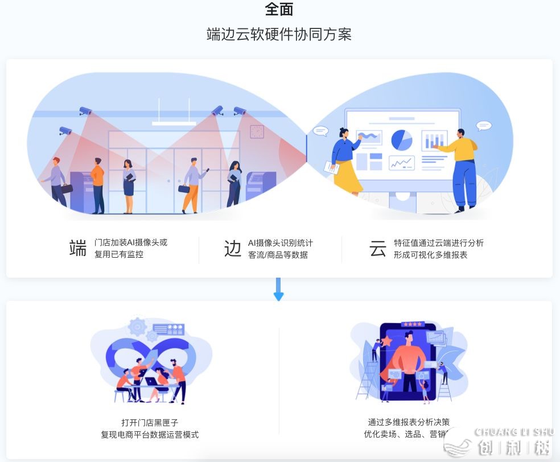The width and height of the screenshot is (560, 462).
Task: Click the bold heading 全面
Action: [x=279, y=9]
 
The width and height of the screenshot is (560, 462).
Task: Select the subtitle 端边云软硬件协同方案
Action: [x=279, y=35]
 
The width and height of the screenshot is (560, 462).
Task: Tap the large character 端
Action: [x=77, y=248]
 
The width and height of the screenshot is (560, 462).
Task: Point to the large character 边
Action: [x=232, y=249]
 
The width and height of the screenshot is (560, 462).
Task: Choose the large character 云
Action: [x=377, y=249]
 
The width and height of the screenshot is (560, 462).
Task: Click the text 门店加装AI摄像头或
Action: [x=131, y=242]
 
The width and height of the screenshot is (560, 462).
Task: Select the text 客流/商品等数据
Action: [x=278, y=255]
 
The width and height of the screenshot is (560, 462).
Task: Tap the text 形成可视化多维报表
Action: [x=430, y=255]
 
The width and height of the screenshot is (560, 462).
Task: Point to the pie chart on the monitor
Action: [x=402, y=139]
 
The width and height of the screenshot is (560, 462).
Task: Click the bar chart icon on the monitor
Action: [x=434, y=140]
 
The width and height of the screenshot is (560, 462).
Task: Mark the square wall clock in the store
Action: [x=257, y=131]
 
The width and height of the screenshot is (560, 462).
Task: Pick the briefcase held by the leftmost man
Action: [x=67, y=188]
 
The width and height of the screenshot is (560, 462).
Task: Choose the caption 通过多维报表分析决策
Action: [x=409, y=422]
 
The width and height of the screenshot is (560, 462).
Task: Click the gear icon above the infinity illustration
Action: [x=137, y=327]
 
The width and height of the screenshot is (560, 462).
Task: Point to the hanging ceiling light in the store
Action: [x=174, y=123]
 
